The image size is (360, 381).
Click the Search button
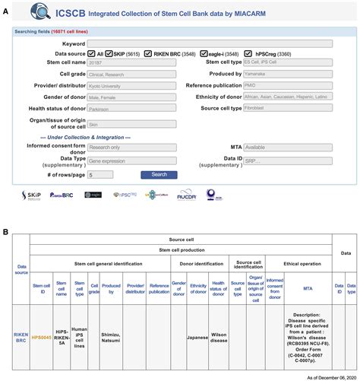pyautogui.click(x=159, y=174)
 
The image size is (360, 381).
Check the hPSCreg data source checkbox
pyautogui.click(x=279, y=53)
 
